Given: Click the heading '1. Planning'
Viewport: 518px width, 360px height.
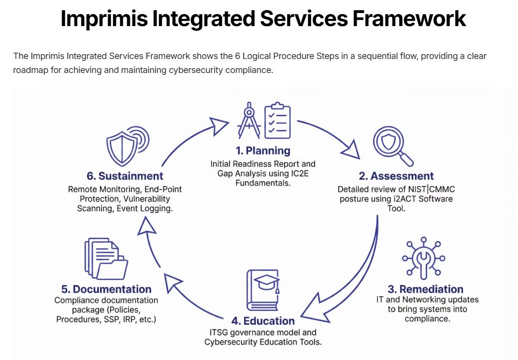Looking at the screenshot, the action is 263,151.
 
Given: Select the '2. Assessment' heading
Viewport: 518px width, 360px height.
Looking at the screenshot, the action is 396,176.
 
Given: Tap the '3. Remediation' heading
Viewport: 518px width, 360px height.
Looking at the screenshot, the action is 426,289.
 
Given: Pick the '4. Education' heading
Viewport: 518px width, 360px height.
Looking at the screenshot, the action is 263,321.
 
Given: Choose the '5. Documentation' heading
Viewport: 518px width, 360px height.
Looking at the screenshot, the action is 106,289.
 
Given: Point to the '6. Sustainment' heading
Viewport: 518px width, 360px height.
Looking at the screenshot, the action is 125,176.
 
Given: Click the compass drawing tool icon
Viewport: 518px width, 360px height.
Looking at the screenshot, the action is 249,120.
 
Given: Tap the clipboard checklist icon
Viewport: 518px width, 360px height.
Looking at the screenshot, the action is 277,120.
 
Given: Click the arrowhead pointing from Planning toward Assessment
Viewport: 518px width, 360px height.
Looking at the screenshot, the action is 351,150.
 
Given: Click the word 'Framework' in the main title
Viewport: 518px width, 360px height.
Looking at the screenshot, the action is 409,18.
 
